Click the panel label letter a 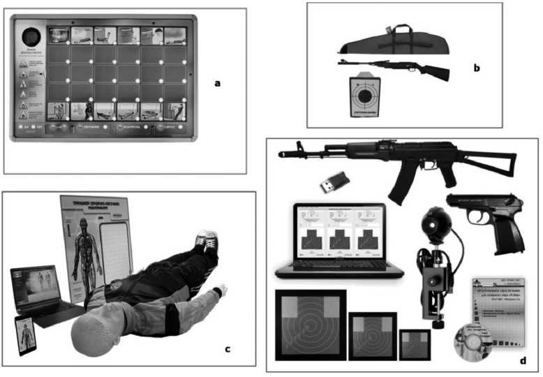(x=217, y=83)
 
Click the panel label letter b (x=476, y=68)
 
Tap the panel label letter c (x=227, y=347)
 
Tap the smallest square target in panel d (x=415, y=343)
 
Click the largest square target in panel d (x=310, y=324)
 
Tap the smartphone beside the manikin (x=26, y=334)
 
